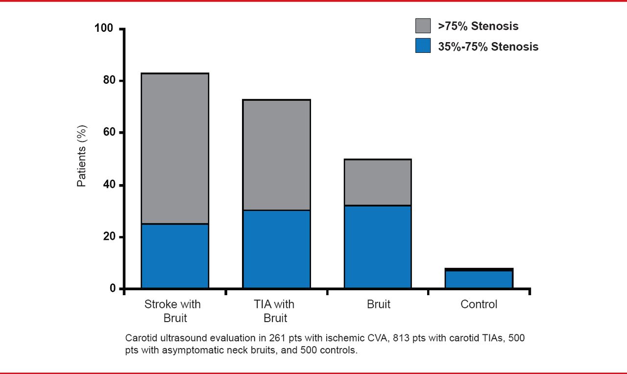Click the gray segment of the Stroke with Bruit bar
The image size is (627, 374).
coord(175,148)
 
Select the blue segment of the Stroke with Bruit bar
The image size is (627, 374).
coord(175,256)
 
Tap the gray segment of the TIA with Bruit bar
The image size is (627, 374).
coord(276,155)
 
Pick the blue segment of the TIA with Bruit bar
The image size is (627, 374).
coord(276,249)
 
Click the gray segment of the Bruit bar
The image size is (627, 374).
coord(378,182)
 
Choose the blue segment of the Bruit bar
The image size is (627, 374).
coord(378,247)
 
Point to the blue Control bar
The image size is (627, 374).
coord(479,279)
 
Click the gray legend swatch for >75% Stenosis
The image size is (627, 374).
coord(423,26)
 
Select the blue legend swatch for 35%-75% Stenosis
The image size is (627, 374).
coord(423,46)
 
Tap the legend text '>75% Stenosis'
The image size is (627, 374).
coord(478,26)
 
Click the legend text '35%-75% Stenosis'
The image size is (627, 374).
coord(488,47)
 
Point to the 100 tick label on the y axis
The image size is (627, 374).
coord(104,28)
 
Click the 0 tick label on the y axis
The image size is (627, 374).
coord(113,289)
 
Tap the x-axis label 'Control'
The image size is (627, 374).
coord(479,304)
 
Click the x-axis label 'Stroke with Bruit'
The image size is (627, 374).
coord(172,311)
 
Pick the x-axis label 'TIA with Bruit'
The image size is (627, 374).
coord(275,311)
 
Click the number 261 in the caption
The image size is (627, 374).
coord(261,338)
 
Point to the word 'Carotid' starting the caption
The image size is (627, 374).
coord(140,338)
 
